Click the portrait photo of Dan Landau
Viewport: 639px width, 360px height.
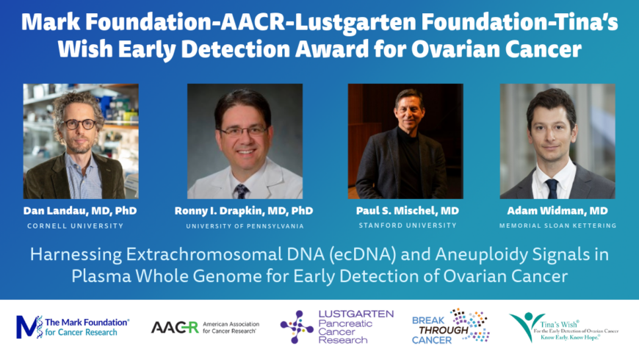(81, 141)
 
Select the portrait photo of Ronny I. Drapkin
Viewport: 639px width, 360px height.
(245, 141)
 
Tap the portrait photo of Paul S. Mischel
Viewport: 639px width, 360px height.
(405, 141)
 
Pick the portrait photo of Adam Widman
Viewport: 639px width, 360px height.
(557, 141)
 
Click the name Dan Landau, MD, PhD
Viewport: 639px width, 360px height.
(80, 211)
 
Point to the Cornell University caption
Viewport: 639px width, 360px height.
(76, 226)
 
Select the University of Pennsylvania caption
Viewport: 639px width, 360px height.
(245, 226)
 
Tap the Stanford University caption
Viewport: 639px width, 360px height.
(408, 226)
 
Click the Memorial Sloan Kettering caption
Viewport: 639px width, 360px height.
(558, 226)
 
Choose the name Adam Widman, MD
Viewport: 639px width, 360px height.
(557, 211)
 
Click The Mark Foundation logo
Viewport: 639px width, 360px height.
(73, 327)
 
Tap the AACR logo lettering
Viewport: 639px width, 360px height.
(175, 328)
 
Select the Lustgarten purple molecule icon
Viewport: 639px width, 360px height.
(297, 327)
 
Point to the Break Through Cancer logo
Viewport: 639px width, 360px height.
(451, 326)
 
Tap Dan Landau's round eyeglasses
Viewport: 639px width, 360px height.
(79, 124)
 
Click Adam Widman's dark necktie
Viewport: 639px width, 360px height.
(552, 188)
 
